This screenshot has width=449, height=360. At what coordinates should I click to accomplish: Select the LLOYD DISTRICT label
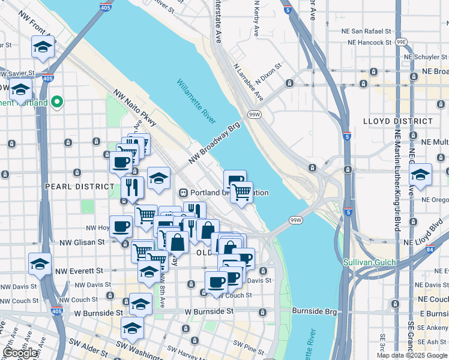coord(398,121)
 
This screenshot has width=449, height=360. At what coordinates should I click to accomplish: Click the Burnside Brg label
coord(312,311)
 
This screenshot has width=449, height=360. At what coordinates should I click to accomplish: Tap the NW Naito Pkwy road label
coord(134,108)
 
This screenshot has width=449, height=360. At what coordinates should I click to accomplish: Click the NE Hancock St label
coord(369,43)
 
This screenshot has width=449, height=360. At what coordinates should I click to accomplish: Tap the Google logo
coord(20,353)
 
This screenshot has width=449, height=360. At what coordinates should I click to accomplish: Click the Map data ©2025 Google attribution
coord(412,355)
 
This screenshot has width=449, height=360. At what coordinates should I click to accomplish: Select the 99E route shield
coord(402,42)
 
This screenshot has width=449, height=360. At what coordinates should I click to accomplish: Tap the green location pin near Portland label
coord(58,102)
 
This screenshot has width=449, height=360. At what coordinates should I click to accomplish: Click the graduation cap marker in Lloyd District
coord(420,175)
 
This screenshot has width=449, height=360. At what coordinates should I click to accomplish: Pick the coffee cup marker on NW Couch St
coord(216,283)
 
